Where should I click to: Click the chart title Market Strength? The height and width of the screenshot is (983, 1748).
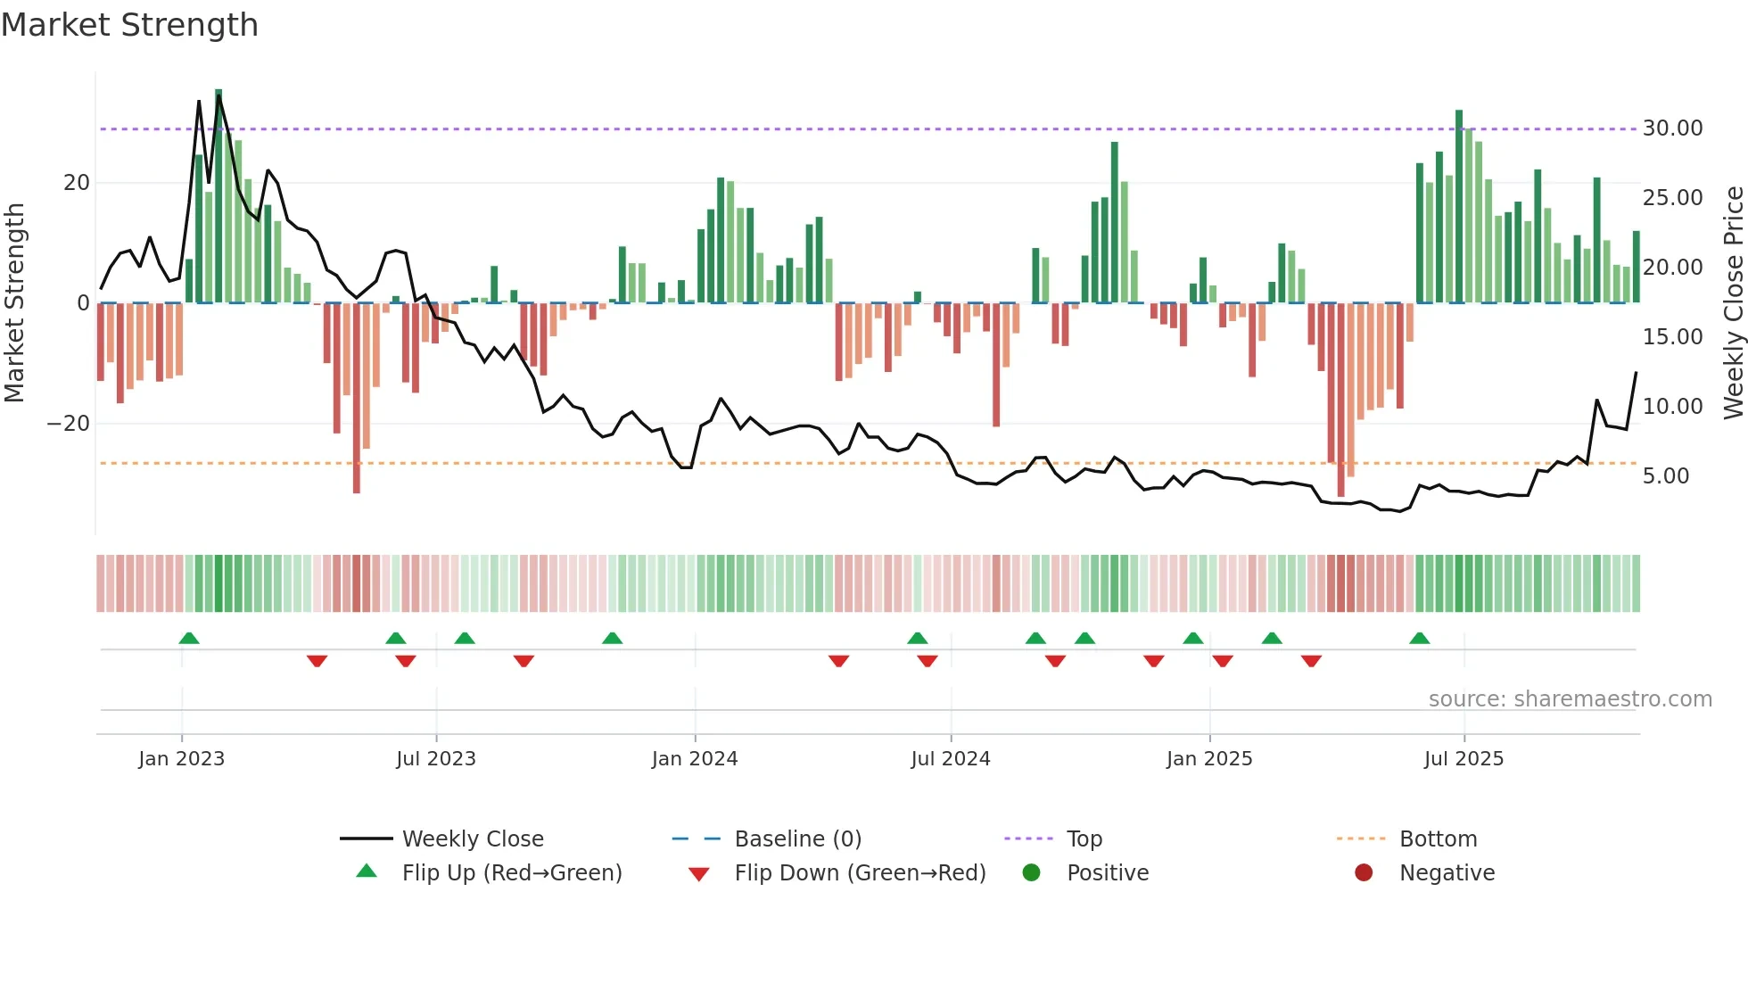point(129,25)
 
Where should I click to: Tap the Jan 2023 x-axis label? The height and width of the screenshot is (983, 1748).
point(182,759)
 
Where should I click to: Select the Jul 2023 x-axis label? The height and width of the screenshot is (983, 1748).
point(436,759)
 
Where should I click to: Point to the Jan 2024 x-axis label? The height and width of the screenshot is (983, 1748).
point(695,759)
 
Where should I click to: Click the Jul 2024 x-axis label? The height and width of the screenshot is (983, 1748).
point(951,759)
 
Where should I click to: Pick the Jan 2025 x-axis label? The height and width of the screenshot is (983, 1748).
point(1209,759)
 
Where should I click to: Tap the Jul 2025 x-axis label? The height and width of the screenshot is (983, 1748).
point(1464,759)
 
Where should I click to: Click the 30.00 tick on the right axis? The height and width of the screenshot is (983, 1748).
point(1672,128)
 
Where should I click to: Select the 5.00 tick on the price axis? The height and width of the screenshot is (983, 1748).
point(1666,476)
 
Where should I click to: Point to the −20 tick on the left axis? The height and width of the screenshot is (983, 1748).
point(69,424)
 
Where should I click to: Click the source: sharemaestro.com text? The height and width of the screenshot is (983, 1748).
point(1570,699)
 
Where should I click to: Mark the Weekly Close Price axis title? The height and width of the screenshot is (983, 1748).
point(1733,303)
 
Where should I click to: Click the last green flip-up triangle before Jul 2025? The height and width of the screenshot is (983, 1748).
point(1420,638)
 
